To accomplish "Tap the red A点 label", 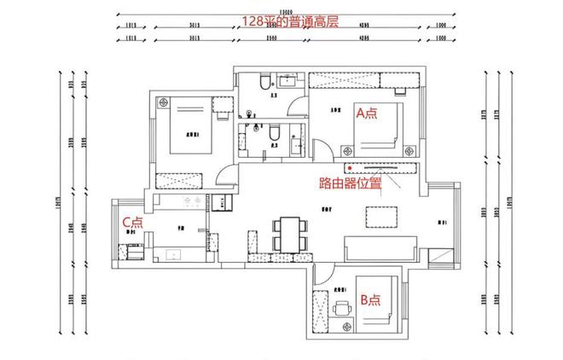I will pyautogui.click(x=366, y=113).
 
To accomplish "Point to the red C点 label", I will pyautogui.click(x=132, y=222).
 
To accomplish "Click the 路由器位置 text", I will pyautogui.click(x=349, y=183).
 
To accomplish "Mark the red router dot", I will pyautogui.click(x=348, y=167).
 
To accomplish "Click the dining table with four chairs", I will pyautogui.click(x=288, y=232).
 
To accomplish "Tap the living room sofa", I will pyautogui.click(x=380, y=249).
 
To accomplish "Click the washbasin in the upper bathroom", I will pyautogui.click(x=288, y=83).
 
